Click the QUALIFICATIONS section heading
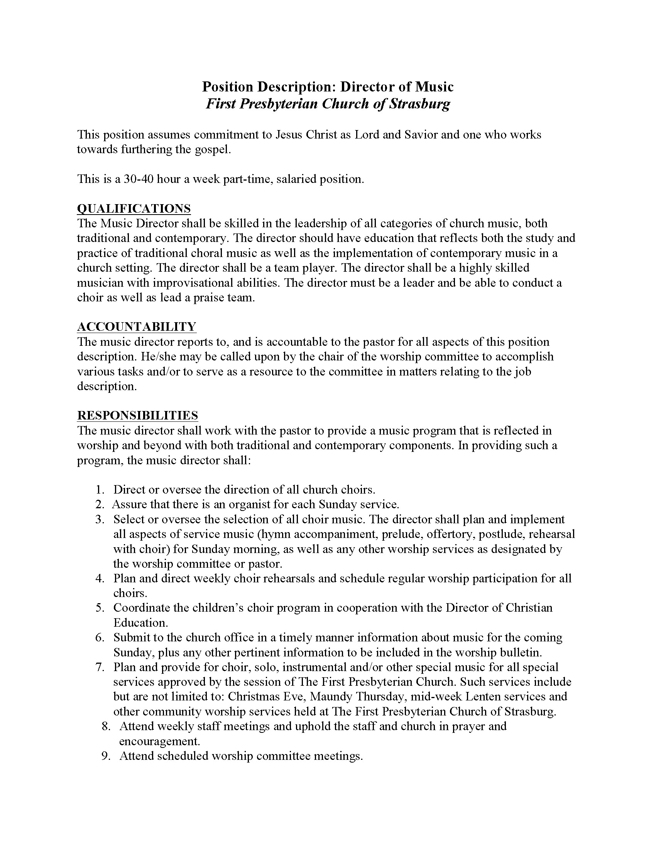(x=134, y=208)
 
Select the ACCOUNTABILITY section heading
(x=136, y=327)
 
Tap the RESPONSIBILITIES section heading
(x=137, y=416)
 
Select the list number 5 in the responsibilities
(x=100, y=608)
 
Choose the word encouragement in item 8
(x=159, y=741)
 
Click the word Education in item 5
(x=140, y=623)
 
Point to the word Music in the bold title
(x=434, y=87)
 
